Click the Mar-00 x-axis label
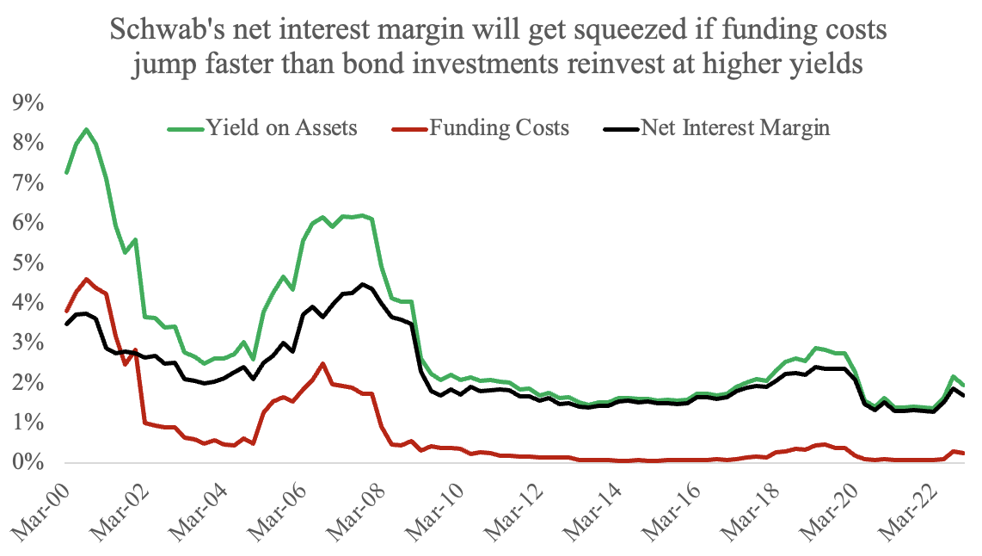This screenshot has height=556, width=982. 36,508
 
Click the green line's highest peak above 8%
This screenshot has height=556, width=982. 85,130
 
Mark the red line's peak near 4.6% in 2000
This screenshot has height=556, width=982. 86,279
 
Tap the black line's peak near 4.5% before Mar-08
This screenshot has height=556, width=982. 363,284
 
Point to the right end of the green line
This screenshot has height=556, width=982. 963,386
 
